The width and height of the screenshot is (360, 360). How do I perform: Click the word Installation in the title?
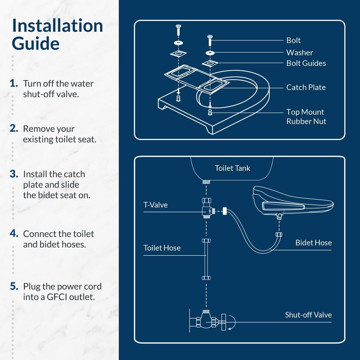(x=57, y=26)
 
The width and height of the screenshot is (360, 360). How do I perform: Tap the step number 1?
(x=14, y=84)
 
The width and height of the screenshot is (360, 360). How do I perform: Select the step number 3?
(x=14, y=174)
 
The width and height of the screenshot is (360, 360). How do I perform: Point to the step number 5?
(x=14, y=287)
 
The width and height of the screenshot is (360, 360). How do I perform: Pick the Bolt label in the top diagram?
(x=293, y=40)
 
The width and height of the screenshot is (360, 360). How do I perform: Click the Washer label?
(x=300, y=53)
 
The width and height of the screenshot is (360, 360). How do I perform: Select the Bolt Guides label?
(x=306, y=63)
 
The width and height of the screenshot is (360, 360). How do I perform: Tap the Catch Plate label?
(x=306, y=87)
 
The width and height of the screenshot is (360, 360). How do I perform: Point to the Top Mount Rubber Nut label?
(x=306, y=117)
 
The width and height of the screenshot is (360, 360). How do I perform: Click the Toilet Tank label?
(x=232, y=168)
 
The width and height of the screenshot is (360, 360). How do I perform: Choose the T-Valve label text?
(x=156, y=205)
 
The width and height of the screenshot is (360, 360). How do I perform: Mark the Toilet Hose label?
(x=162, y=248)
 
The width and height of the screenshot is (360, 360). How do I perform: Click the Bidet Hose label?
(x=313, y=243)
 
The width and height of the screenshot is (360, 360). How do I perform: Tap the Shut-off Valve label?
(x=308, y=315)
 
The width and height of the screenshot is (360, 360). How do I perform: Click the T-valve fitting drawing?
(x=207, y=209)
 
